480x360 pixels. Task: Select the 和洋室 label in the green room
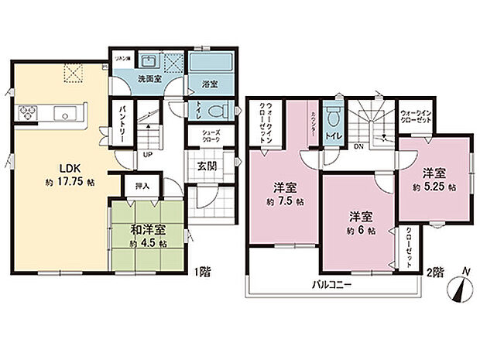pos(147,229)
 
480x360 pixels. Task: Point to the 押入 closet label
pos(142,187)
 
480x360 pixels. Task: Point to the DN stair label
pos(357,146)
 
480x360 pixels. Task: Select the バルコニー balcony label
pos(334,284)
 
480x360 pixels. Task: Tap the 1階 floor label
pos(202,271)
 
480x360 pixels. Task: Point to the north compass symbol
pos(463,291)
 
